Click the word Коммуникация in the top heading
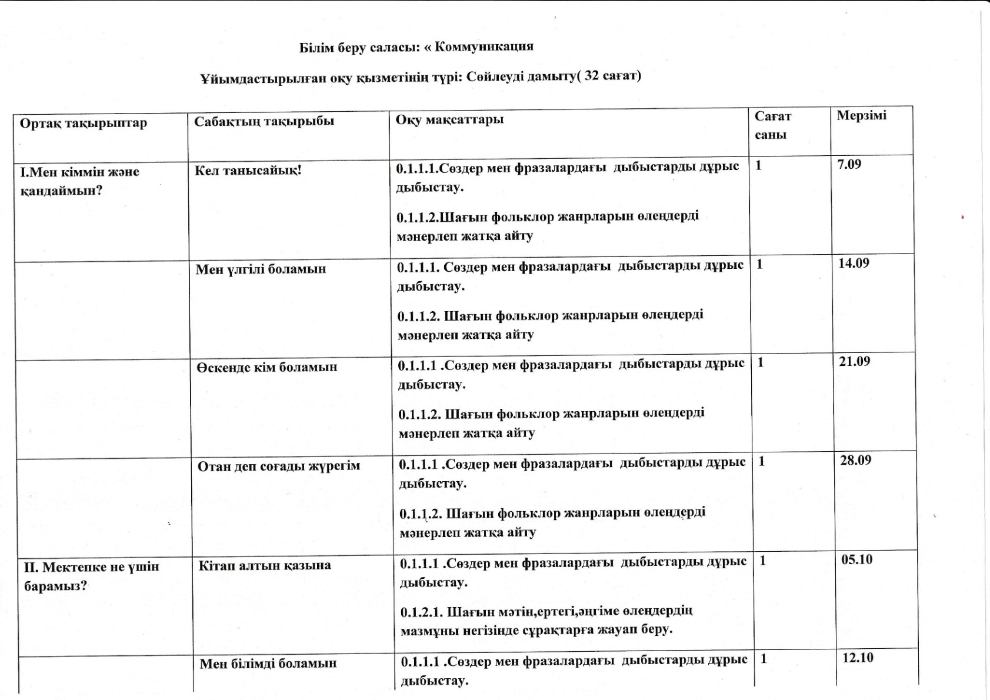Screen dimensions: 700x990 tap(484, 46)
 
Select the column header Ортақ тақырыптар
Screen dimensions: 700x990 tap(83, 123)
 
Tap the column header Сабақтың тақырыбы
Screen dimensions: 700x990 tap(264, 121)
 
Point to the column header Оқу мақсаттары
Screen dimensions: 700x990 tap(449, 119)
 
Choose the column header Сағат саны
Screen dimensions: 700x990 tap(772, 125)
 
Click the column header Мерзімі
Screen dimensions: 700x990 tap(861, 115)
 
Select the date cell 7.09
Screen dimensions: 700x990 tap(849, 165)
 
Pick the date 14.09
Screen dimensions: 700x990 tap(854, 263)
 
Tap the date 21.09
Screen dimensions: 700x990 tap(854, 361)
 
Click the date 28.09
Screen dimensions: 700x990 tap(855, 460)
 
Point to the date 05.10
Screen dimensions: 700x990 tap(856, 559)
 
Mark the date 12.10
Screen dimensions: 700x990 tap(858, 658)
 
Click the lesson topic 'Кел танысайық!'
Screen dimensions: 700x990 tap(248, 171)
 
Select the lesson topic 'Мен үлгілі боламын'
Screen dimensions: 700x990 tap(261, 269)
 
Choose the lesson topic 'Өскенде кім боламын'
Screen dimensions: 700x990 tap(266, 368)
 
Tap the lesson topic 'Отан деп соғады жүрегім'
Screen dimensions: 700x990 tap(278, 466)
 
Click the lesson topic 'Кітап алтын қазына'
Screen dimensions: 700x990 tap(265, 566)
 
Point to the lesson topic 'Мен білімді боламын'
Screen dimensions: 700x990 tap(268, 664)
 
